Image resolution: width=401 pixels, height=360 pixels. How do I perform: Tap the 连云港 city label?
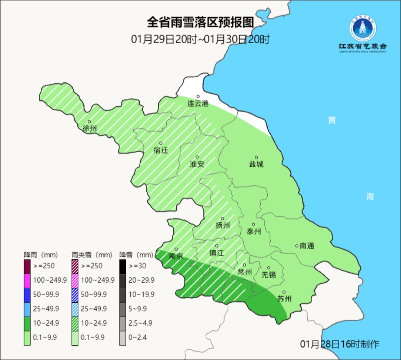[198, 104]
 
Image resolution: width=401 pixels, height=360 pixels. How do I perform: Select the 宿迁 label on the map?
[161, 151]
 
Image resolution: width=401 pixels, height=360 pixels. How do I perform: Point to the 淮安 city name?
[197, 164]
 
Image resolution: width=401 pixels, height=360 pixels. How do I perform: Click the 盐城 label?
[256, 164]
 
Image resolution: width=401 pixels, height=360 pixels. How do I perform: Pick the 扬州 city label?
[223, 226]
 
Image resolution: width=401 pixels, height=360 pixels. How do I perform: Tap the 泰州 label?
[254, 231]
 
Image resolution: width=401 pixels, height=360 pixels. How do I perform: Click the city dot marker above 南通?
[297, 245]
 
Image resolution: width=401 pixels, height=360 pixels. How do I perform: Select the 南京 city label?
[176, 256]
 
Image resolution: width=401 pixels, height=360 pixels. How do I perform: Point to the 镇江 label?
[216, 253]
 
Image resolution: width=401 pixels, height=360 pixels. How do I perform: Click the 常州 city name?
[244, 272]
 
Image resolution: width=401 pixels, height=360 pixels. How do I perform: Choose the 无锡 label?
[269, 275]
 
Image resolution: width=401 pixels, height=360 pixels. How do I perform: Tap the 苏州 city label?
[284, 299]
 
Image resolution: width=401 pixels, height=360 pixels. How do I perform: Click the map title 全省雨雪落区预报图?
[200, 22]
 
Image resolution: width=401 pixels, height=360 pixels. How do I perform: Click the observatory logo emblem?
[363, 28]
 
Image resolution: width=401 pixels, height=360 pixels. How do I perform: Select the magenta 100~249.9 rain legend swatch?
[27, 280]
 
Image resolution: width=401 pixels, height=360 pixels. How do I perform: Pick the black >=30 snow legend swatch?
[122, 266]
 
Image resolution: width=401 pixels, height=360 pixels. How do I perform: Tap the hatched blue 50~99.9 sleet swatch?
[75, 295]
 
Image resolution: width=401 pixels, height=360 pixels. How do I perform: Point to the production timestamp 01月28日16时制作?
[340, 344]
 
